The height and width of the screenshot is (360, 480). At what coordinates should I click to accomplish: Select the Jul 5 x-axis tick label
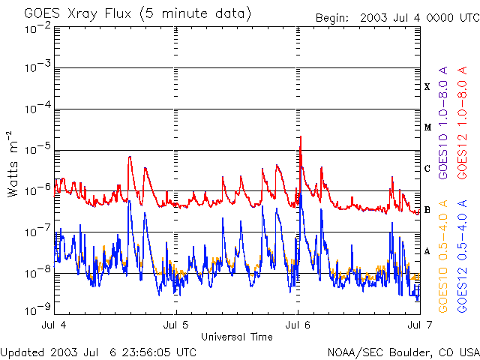coord(176,325)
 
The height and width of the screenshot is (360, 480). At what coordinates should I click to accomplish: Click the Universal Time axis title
coord(237,337)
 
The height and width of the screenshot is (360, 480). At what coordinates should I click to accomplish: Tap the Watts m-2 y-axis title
coord(13,163)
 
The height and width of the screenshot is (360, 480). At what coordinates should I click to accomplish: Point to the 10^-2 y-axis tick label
coord(37,28)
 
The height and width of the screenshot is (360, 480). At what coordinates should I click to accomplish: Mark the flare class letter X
coord(427,87)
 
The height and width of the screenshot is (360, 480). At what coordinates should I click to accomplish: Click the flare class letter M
coord(427,127)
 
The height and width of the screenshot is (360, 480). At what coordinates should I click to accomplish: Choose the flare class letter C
coord(427,168)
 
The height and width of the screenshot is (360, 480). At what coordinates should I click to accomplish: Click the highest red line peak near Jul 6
coord(301,137)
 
